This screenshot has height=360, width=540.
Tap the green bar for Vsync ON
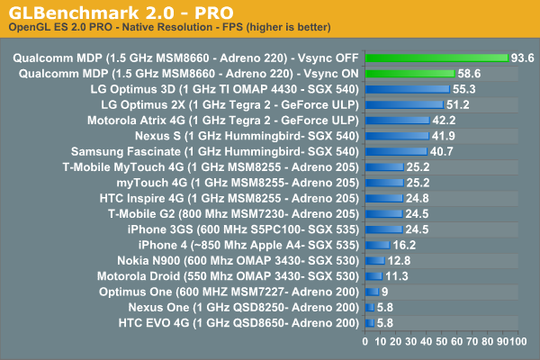coord(409,73)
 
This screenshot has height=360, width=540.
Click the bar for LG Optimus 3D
coord(407,89)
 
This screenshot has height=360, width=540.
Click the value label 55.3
coord(464,89)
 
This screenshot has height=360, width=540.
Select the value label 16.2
coord(404,244)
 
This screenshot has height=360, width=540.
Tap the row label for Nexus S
coord(270,135)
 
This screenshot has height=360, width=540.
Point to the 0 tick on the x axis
coord(364,342)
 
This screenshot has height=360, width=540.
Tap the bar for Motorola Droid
coord(373,275)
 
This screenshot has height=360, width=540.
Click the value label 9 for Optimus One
coord(385,291)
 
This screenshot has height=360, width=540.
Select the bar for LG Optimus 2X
coord(404,104)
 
